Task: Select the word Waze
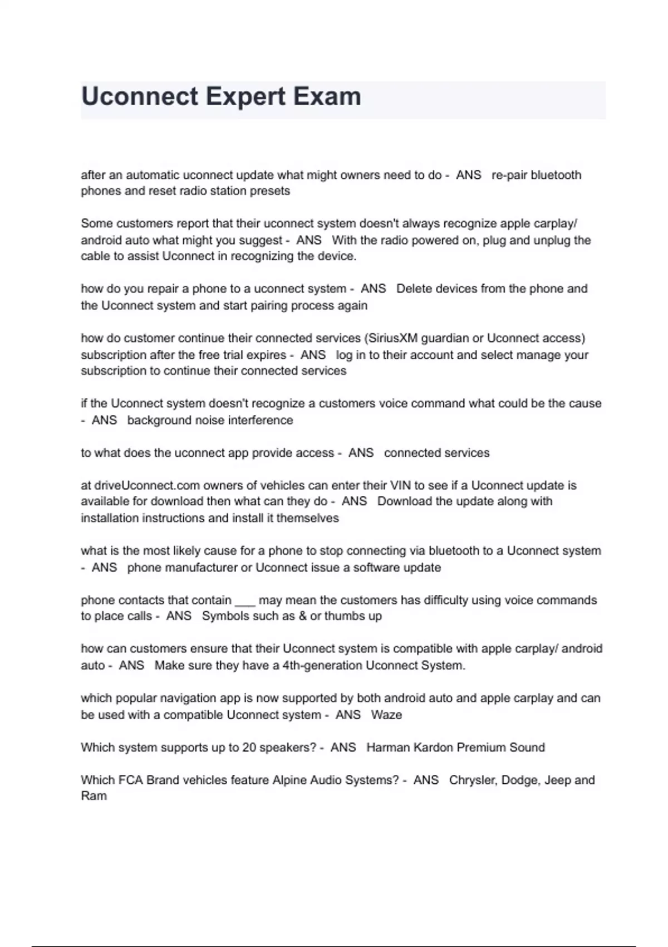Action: pos(386,715)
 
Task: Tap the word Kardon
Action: pos(431,748)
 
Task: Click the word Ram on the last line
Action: pos(94,796)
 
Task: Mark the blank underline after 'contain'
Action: pos(245,602)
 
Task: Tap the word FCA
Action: pos(131,780)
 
